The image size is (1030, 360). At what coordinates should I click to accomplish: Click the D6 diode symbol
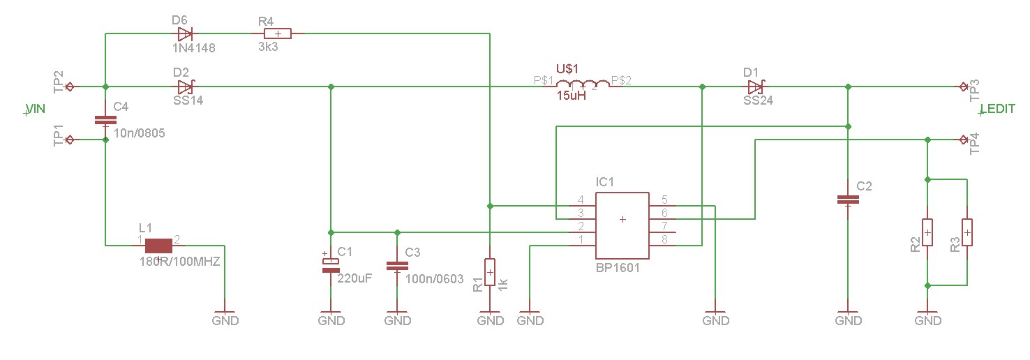pyautogui.click(x=185, y=33)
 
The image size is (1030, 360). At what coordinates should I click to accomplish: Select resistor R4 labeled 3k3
pyautogui.click(x=278, y=33)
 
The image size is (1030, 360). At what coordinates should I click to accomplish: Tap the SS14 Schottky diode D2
pyautogui.click(x=185, y=87)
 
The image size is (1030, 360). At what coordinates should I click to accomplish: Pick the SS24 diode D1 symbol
pyautogui.click(x=756, y=87)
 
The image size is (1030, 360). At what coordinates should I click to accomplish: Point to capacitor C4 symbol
pyautogui.click(x=105, y=121)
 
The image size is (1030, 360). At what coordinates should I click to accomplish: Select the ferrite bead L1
pyautogui.click(x=159, y=245)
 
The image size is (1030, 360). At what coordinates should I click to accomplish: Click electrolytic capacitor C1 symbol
pyautogui.click(x=331, y=263)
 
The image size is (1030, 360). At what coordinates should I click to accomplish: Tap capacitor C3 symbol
pyautogui.click(x=397, y=265)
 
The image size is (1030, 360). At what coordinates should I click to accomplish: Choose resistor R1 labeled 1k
pyautogui.click(x=490, y=271)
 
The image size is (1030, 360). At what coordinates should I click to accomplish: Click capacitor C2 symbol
pyautogui.click(x=848, y=200)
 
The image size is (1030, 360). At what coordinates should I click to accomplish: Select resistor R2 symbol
pyautogui.click(x=927, y=232)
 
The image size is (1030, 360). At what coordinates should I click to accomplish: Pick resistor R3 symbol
pyautogui.click(x=967, y=232)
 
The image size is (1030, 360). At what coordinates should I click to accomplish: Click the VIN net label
pyautogui.click(x=35, y=109)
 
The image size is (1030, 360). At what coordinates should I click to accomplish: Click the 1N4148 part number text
pyautogui.click(x=193, y=49)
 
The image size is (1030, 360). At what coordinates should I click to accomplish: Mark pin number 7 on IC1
pyautogui.click(x=664, y=226)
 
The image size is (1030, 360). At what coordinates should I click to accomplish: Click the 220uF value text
pyautogui.click(x=354, y=278)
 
